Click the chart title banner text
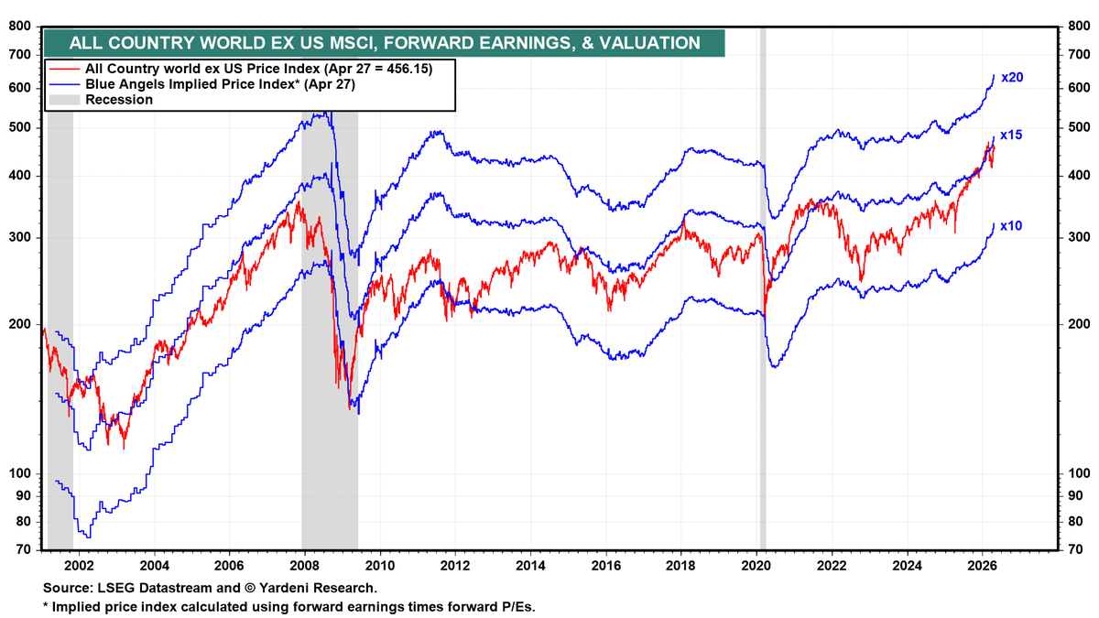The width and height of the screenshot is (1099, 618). (x=385, y=42)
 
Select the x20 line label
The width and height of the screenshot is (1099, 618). (x=1011, y=78)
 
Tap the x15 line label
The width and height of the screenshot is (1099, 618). (x=1011, y=135)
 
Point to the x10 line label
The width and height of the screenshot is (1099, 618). (x=1011, y=225)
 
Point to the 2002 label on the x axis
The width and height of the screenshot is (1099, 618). (x=79, y=566)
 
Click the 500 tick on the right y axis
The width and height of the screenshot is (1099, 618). (x=1078, y=127)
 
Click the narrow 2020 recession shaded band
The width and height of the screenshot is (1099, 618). (x=762, y=275)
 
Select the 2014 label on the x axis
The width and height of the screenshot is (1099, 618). (x=530, y=566)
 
